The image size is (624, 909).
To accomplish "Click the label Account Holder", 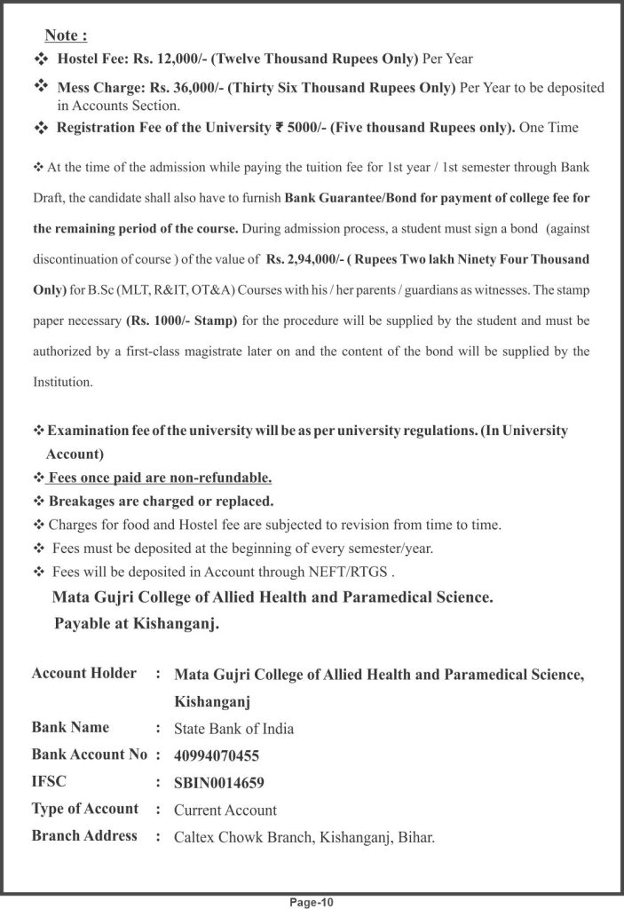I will click(x=84, y=673).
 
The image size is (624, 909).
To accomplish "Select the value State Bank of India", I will click(x=233, y=730).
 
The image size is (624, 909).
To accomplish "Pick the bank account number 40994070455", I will click(x=217, y=756).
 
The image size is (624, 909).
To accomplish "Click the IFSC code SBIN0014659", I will click(x=219, y=783).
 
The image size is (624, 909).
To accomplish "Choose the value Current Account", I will click(x=225, y=810).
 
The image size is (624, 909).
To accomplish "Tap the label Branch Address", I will click(x=84, y=835).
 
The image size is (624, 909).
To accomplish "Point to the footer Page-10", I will click(x=311, y=902).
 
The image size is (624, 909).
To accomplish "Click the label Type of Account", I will click(x=85, y=809).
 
